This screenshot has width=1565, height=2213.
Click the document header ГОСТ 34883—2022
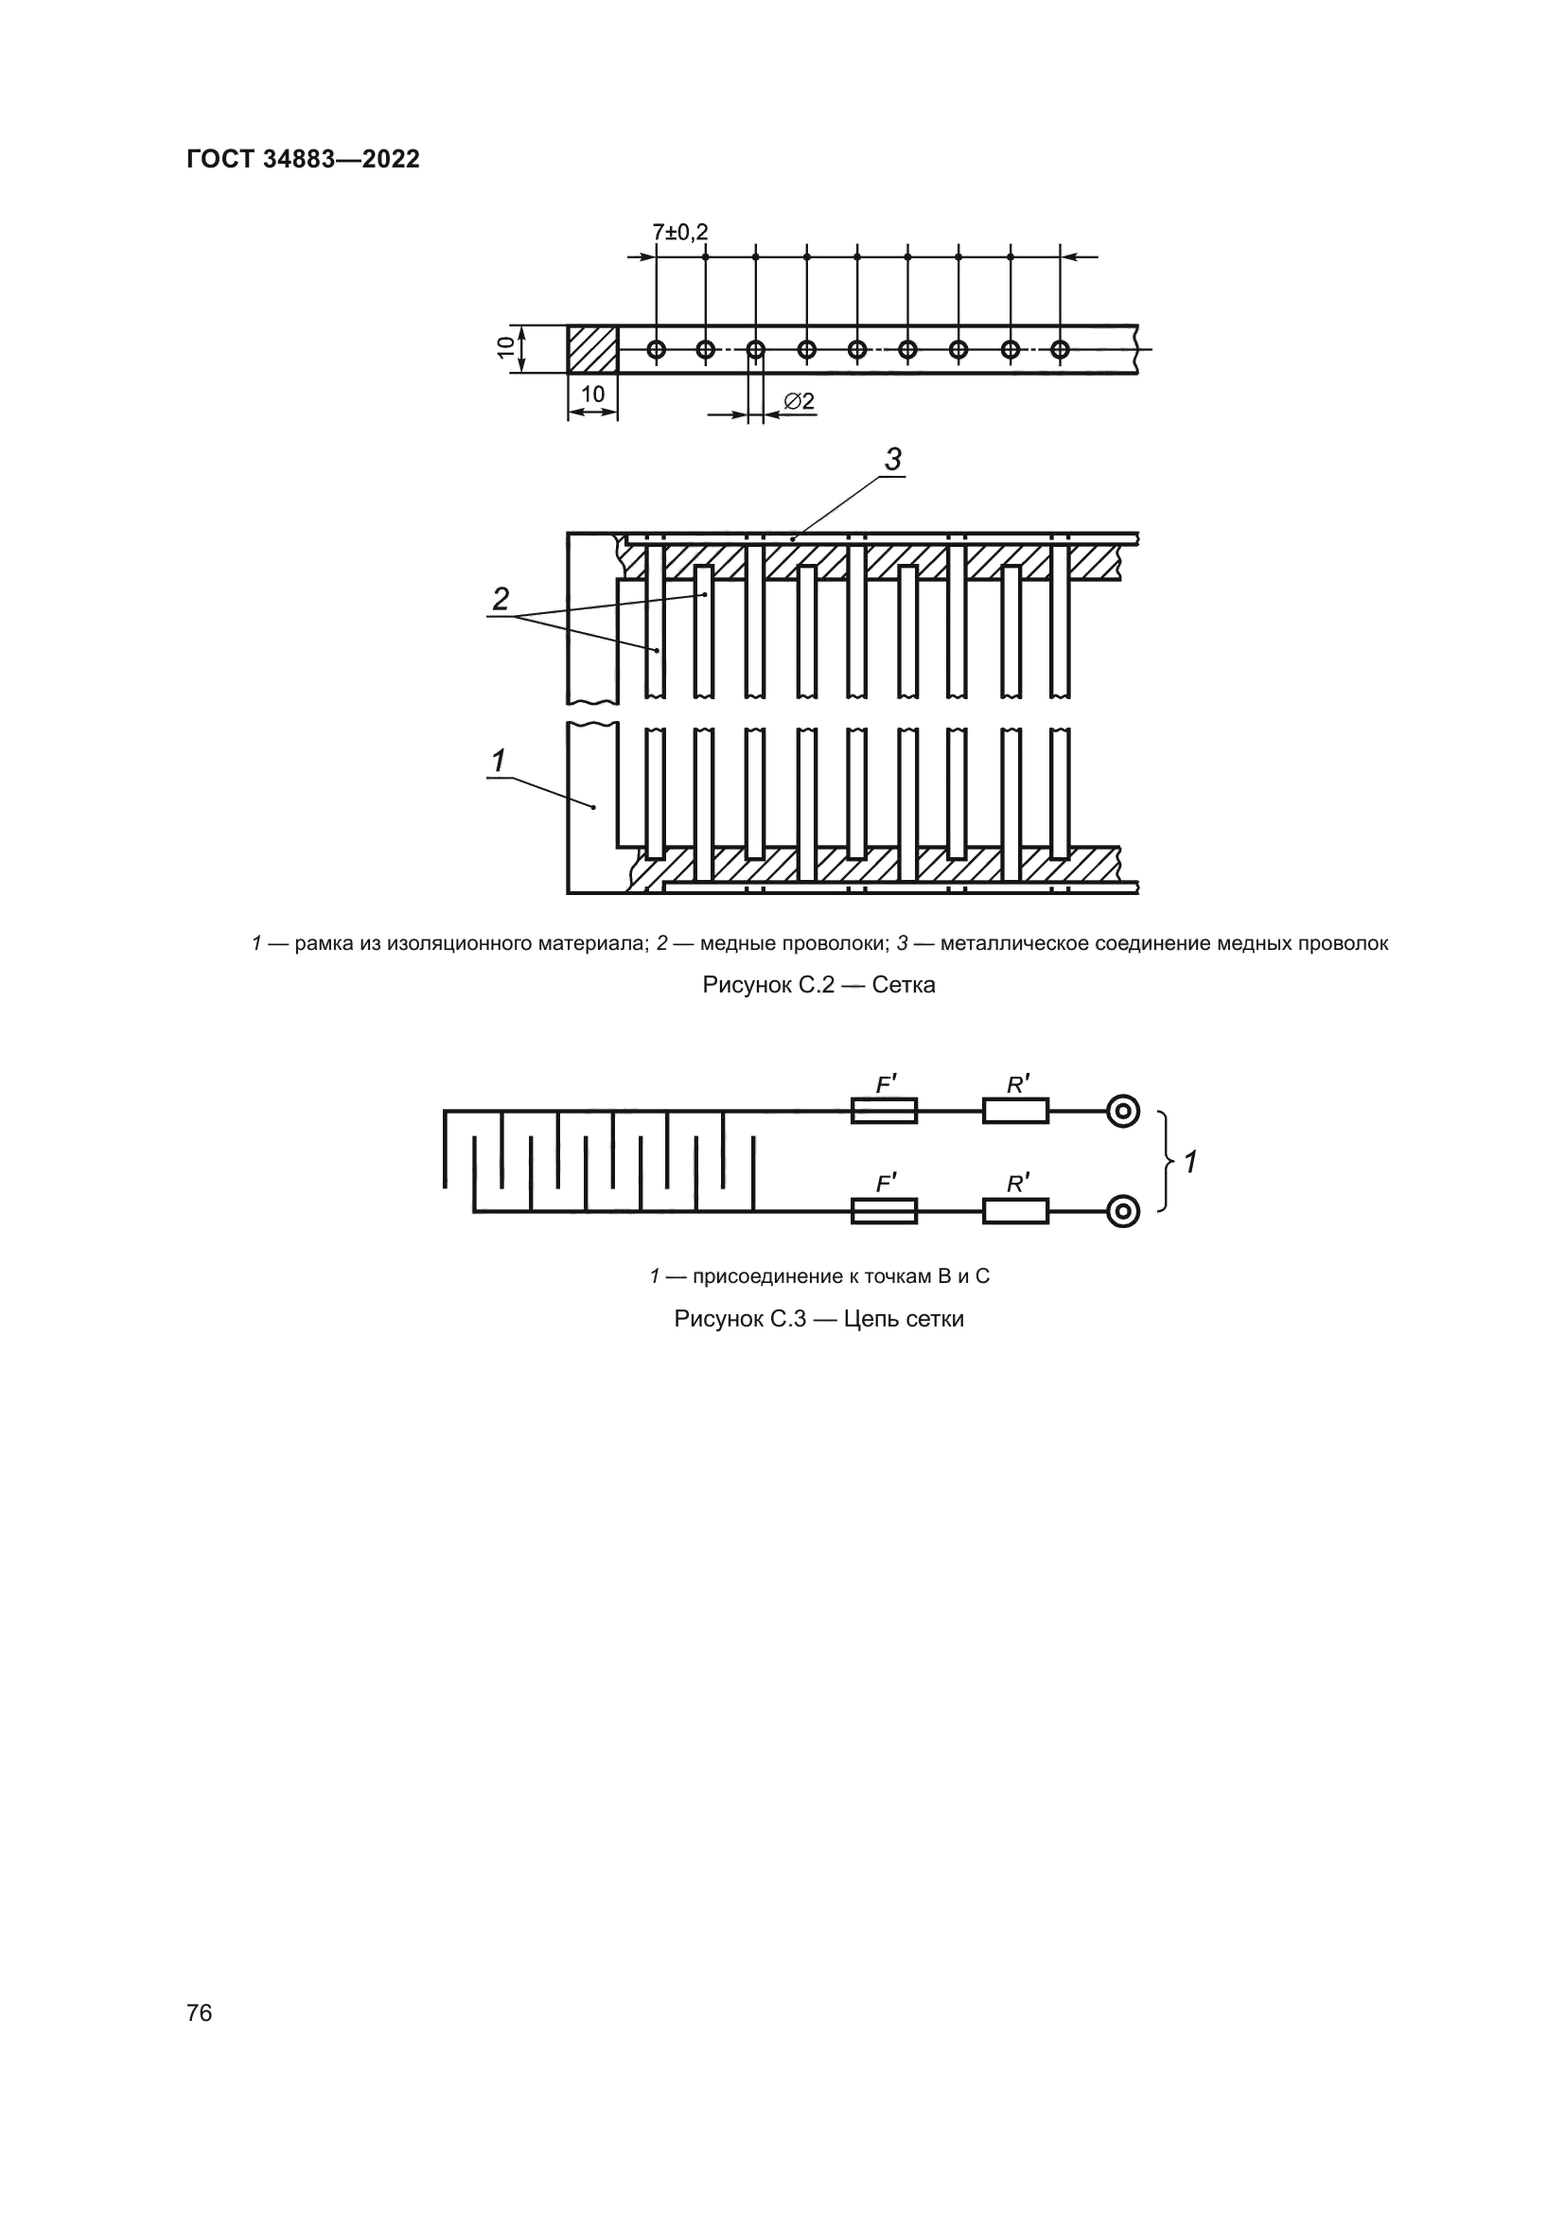pos(304,159)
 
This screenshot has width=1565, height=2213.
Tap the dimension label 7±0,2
pos(680,233)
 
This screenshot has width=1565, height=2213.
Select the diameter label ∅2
pos(799,401)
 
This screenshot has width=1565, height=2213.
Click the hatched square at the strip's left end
pos(591,349)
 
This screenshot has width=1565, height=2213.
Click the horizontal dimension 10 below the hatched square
pos(592,395)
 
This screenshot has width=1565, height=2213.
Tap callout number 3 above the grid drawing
pos(893,460)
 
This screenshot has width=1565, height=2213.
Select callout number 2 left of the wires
pos(501,599)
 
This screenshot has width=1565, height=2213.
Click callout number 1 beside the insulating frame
pos(499,762)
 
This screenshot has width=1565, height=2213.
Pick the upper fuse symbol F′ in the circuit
pos(884,1112)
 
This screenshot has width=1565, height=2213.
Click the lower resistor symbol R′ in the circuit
pos(1015,1211)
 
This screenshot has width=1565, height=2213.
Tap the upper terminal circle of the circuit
pos(1123,1112)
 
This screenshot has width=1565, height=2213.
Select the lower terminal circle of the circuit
pos(1123,1211)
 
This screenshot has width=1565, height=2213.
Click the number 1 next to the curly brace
pos(1191,1163)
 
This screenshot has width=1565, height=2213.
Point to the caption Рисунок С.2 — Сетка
pos(819,985)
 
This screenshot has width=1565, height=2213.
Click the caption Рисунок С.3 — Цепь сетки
pos(819,1319)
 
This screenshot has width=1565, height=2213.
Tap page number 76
pos(200,2012)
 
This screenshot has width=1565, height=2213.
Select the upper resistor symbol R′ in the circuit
pos(1015,1112)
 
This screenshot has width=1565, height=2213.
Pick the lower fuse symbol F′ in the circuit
pos(884,1211)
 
